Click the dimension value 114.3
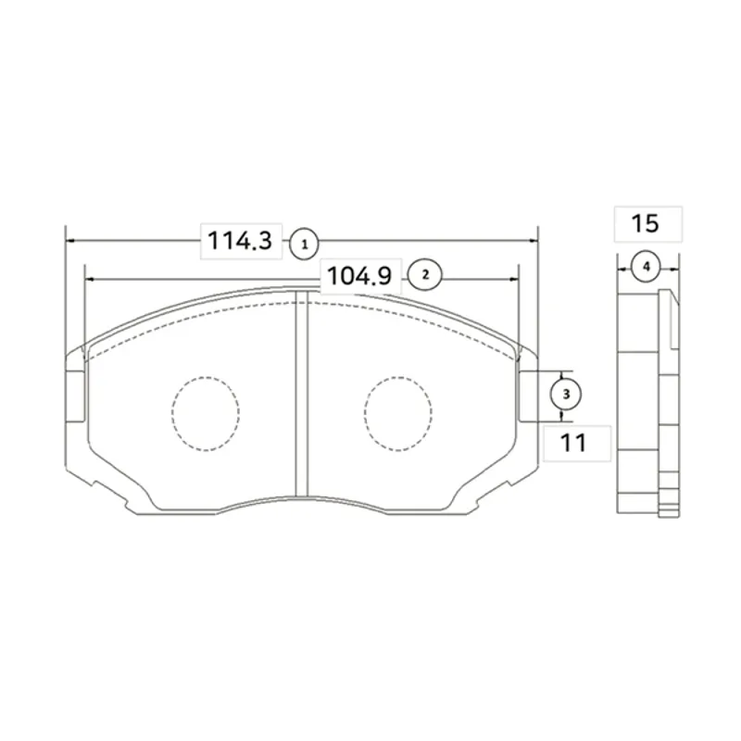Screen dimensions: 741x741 coord(240,241)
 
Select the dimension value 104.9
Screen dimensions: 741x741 coord(359,276)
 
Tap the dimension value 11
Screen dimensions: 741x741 coord(573,443)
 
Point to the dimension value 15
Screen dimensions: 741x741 coord(645,223)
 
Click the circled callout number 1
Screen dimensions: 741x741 coord(305,244)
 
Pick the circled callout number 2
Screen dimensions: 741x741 coord(424,274)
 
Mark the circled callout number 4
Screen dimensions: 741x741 coord(646,267)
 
